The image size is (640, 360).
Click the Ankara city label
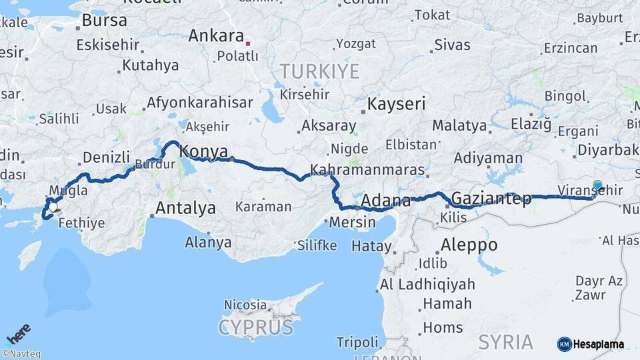215,35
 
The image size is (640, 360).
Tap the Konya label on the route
204,151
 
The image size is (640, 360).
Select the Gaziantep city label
491,198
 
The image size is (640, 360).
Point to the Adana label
386,201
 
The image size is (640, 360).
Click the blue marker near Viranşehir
597,186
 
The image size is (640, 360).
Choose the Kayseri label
396,104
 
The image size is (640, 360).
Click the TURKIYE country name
319,71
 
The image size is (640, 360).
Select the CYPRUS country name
255,328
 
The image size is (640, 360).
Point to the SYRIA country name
505,342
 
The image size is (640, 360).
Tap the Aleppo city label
469,245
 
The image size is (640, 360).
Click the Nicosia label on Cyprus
245,305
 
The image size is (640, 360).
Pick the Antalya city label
185,208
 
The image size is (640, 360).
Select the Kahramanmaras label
367,170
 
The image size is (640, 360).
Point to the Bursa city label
104,20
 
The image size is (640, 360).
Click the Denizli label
106,157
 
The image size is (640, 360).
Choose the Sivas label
452,45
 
